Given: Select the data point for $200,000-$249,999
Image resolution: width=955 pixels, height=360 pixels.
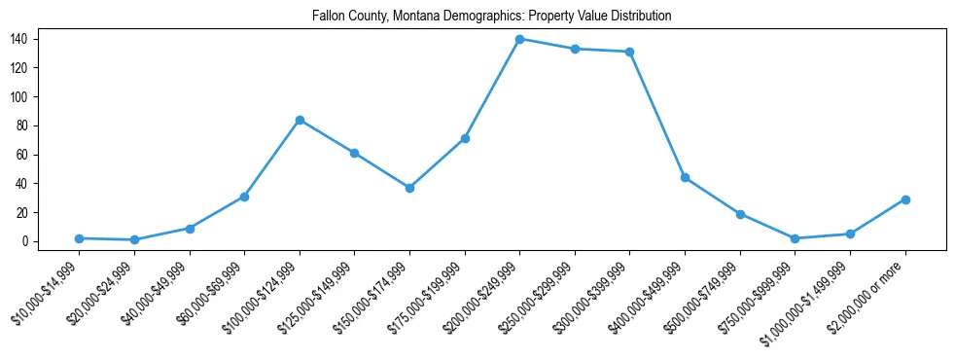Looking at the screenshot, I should tap(520, 39).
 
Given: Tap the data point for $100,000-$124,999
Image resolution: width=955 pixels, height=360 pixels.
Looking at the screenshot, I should tap(300, 120).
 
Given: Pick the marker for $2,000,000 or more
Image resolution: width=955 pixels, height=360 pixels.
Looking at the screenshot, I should tap(905, 199).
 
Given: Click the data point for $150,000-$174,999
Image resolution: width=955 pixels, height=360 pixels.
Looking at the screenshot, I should tap(409, 188).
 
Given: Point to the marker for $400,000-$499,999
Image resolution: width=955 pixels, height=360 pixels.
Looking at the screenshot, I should tap(685, 177).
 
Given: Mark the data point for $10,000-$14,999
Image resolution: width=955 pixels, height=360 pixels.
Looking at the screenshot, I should tap(79, 238).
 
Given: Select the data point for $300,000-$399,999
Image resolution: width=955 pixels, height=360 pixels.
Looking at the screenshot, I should tap(630, 52).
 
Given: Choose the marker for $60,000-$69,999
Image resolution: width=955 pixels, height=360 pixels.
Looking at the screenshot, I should tap(244, 197).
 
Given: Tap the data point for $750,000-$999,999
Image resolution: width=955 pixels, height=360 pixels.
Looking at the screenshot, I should tap(796, 238).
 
